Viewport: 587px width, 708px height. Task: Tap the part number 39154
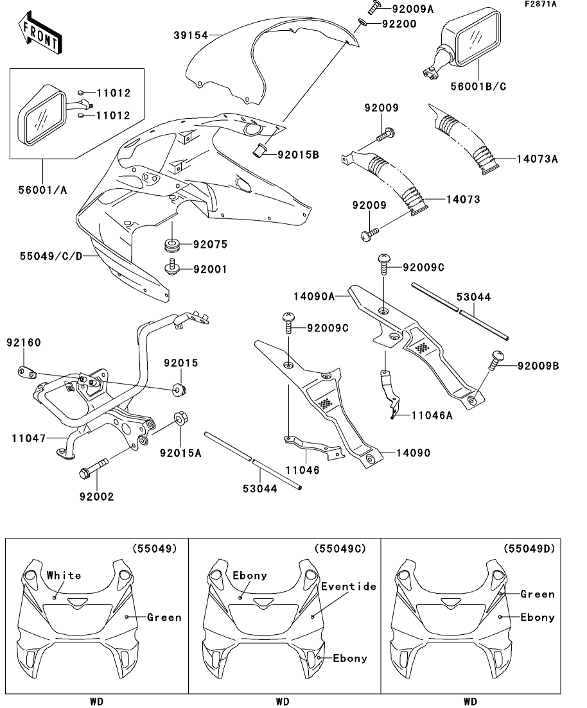pos(191,35)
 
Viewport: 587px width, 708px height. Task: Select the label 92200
pos(399,24)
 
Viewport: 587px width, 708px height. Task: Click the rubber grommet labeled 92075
pos(171,245)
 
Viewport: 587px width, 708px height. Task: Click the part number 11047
pos(28,438)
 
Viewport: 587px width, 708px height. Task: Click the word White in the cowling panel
pos(64,575)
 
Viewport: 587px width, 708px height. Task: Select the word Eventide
pos(349,586)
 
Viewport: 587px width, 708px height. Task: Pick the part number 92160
pos(24,343)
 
